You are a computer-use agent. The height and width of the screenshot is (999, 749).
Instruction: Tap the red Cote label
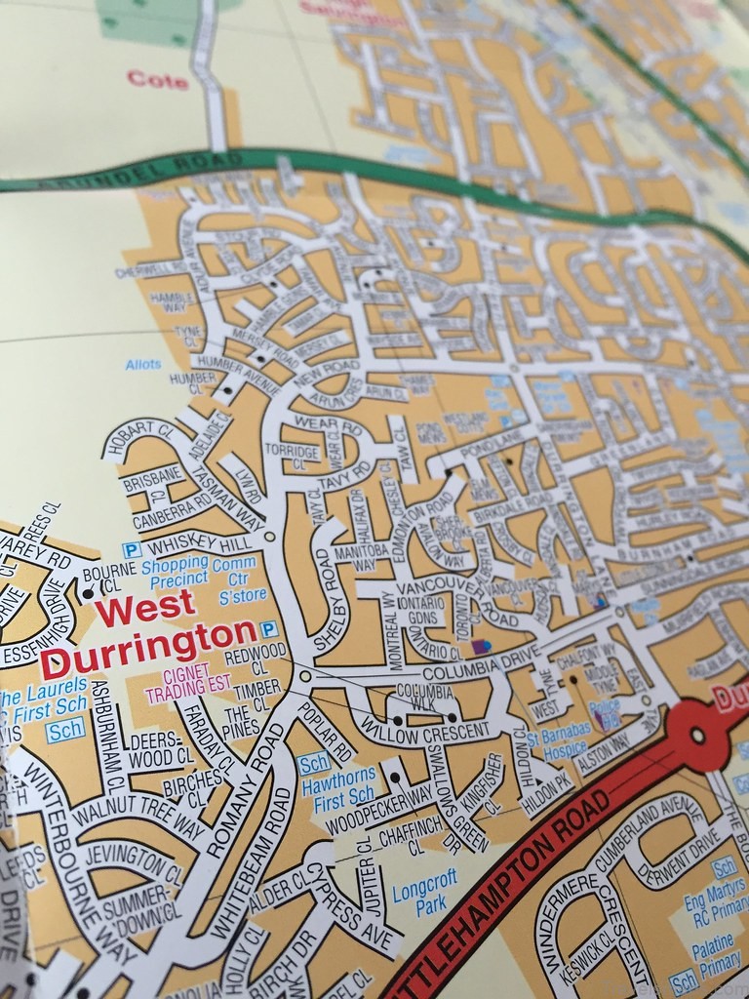(x=157, y=79)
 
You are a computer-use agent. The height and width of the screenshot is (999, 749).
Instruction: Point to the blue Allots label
(x=143, y=365)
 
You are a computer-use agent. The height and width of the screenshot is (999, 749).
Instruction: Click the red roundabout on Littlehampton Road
(x=696, y=735)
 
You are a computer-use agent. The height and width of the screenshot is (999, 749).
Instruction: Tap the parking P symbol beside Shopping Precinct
(x=132, y=550)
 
